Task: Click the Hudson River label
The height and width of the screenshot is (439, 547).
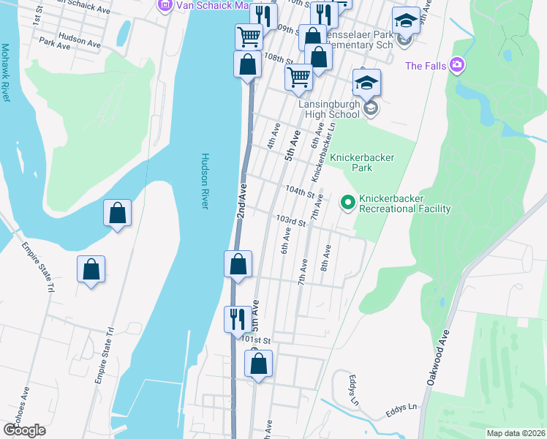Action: pyautogui.click(x=205, y=181)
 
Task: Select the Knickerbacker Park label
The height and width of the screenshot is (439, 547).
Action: pyautogui.click(x=362, y=162)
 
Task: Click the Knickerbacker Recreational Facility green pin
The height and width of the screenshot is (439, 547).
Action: pyautogui.click(x=348, y=202)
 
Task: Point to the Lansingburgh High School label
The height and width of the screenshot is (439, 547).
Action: pyautogui.click(x=330, y=109)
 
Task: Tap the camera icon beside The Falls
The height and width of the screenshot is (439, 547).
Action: pyautogui.click(x=458, y=66)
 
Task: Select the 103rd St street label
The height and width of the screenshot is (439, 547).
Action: pyautogui.click(x=290, y=220)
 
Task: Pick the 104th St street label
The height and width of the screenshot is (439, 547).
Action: pyautogui.click(x=300, y=190)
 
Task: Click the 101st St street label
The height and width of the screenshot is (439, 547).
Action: pyautogui.click(x=257, y=340)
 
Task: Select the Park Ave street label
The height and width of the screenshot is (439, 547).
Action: pyautogui.click(x=56, y=45)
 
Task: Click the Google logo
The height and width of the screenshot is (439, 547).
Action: pyautogui.click(x=24, y=430)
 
